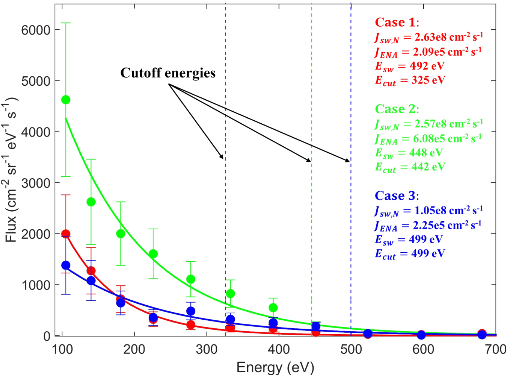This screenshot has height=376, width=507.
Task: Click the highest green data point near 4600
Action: tap(66, 100)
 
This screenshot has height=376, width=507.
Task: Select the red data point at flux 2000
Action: tap(66, 234)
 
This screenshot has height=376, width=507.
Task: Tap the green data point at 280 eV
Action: tap(191, 279)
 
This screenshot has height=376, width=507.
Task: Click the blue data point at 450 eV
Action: tap(316, 326)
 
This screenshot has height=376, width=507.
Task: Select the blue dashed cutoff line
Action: tap(351, 226)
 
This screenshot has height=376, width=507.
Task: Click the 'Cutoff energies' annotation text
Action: tap(168, 73)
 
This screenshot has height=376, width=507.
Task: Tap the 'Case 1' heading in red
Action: tap(396, 23)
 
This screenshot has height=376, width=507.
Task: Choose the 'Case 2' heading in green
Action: tap(396, 109)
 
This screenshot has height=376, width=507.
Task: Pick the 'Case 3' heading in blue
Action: tap(396, 196)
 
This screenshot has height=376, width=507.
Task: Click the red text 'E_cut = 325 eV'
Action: tap(410, 80)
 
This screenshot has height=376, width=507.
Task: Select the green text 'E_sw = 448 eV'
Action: tap(409, 153)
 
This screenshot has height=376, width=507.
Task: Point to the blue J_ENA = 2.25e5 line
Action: tap(428, 225)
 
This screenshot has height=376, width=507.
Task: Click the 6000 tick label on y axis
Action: tap(36, 30)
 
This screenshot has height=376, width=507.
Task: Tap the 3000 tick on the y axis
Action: tap(36, 183)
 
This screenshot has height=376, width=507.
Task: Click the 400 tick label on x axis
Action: tap(279, 350)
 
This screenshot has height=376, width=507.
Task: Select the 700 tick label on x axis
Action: tap(495, 350)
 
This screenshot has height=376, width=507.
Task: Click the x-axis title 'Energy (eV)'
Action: tap(275, 367)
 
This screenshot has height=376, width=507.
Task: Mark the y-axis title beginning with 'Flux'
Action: tap(11, 169)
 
